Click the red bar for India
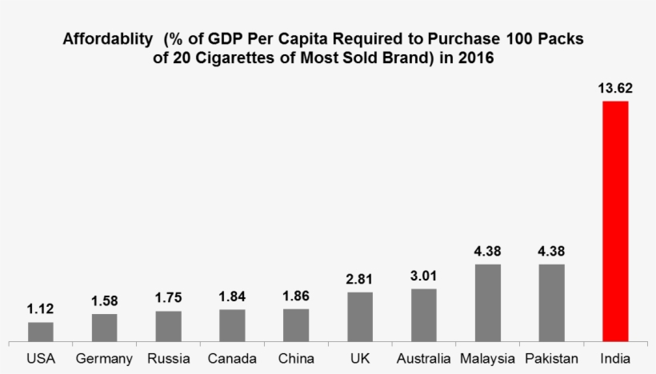(x=615, y=221)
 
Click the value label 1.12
(x=41, y=308)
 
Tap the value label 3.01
(x=424, y=275)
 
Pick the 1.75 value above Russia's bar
(x=168, y=296)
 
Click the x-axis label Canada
(x=232, y=359)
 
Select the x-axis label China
(x=296, y=359)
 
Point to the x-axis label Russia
(x=168, y=359)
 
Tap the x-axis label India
(x=615, y=359)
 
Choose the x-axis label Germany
(x=104, y=359)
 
